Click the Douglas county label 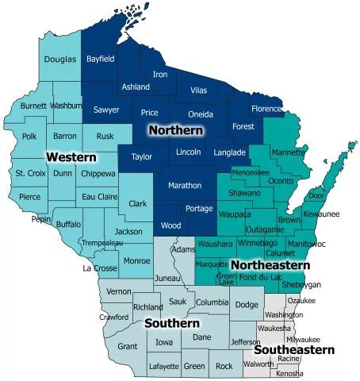tap(60, 60)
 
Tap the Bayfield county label tap(101, 59)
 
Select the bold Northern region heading tap(176, 129)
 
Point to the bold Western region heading tap(71, 157)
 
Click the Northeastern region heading tap(270, 264)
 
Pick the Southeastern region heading tap(294, 349)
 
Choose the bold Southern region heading tap(171, 323)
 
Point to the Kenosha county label tap(290, 372)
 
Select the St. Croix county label tap(30, 173)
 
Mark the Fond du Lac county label tap(260, 276)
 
